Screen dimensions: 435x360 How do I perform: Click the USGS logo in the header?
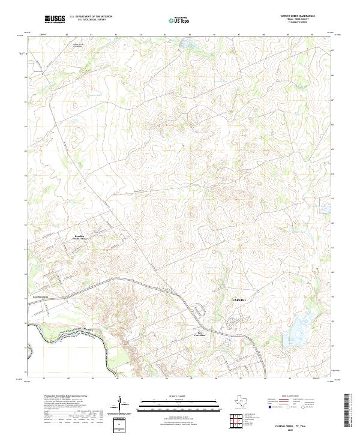[x=55, y=19]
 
